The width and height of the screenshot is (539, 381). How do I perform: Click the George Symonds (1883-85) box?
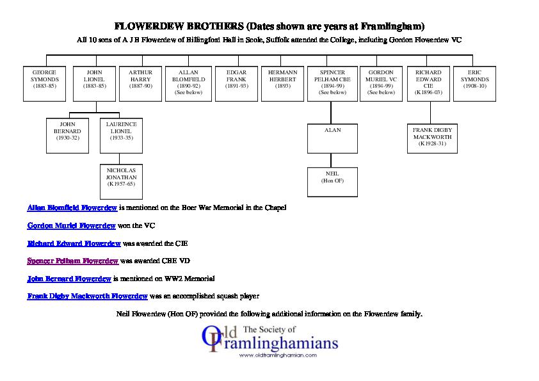(x=45, y=83)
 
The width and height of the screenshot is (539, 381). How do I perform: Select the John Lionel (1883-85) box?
(x=94, y=83)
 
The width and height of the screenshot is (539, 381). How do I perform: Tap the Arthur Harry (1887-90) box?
(x=140, y=83)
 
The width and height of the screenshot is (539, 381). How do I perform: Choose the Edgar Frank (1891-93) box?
(x=236, y=83)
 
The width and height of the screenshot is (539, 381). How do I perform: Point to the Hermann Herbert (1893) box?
(x=282, y=83)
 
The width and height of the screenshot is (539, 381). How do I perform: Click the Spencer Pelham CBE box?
(x=332, y=83)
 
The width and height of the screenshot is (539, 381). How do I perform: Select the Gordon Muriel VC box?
(x=381, y=83)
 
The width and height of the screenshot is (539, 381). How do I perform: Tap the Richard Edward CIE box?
(x=428, y=83)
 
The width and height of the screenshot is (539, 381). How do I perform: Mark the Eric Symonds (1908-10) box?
(x=475, y=83)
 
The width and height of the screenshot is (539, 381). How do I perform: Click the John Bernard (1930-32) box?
(x=70, y=135)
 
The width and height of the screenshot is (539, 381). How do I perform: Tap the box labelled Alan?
(x=332, y=138)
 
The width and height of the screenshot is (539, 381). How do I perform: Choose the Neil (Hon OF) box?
(x=332, y=182)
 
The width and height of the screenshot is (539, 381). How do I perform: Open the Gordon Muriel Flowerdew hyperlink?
(x=71, y=226)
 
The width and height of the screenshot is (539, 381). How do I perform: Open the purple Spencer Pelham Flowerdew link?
(x=73, y=261)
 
